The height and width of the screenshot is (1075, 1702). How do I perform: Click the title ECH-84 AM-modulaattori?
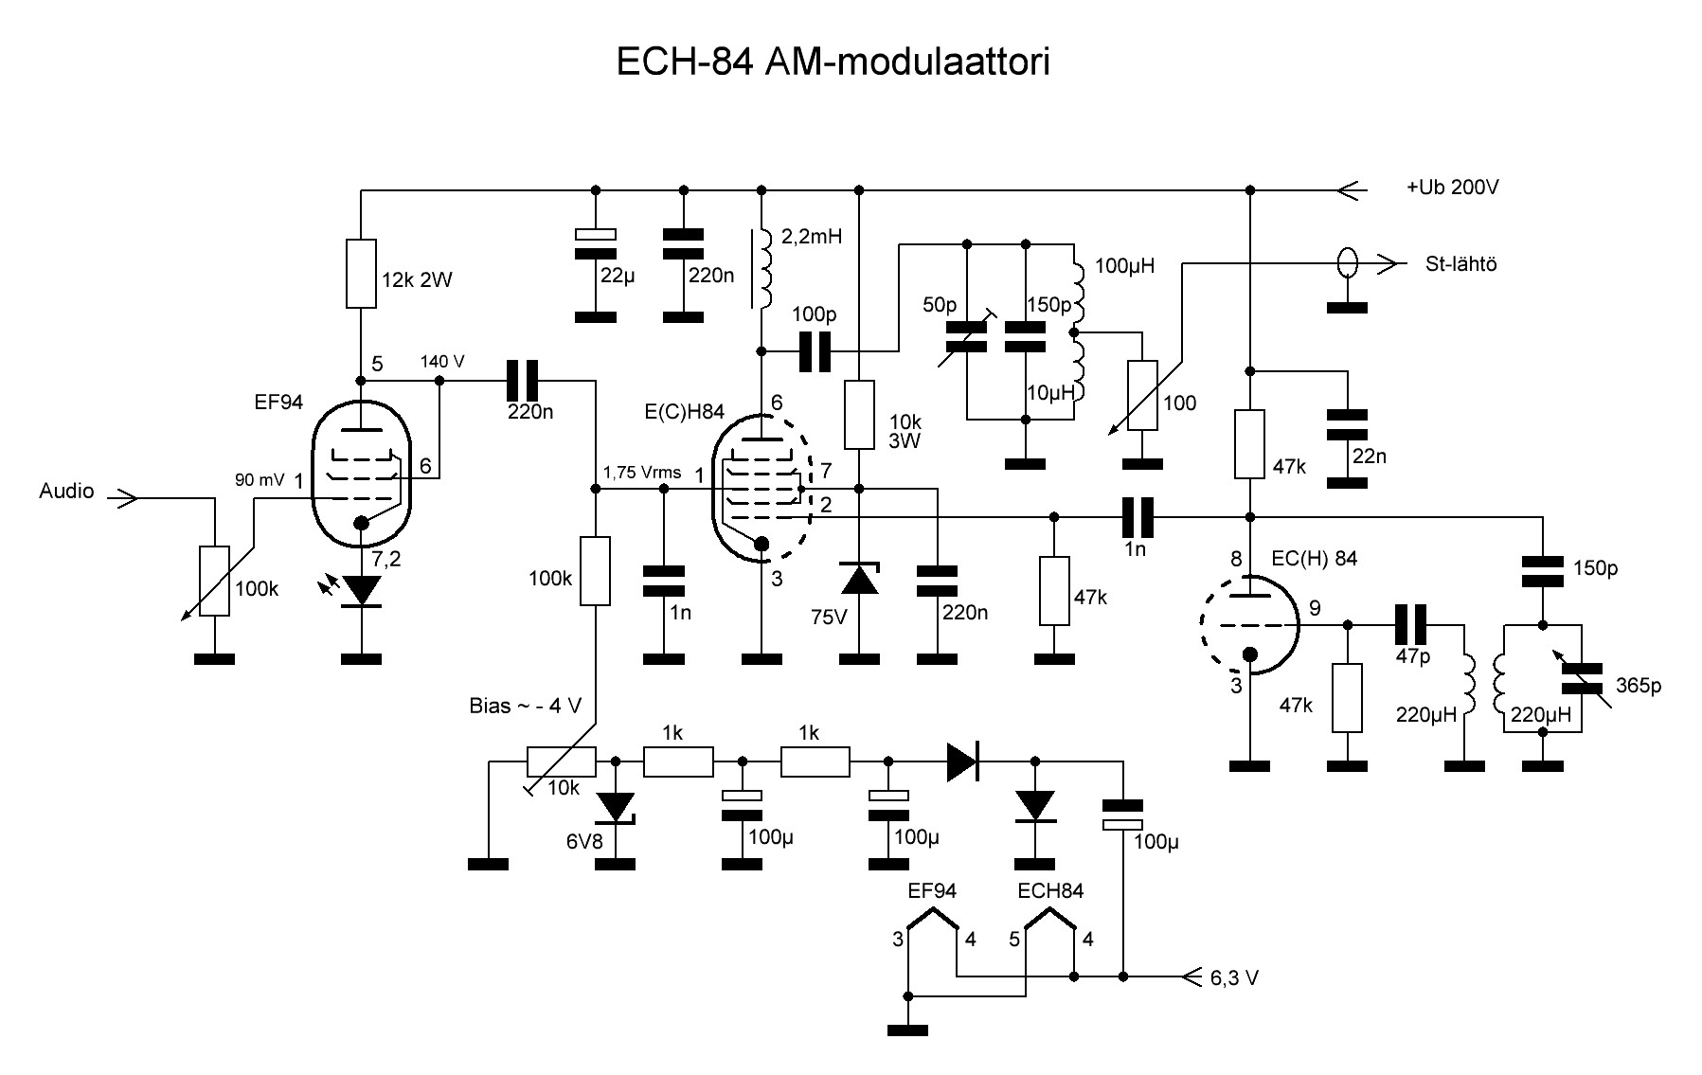833,63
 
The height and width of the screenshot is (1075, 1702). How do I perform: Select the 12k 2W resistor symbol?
361,274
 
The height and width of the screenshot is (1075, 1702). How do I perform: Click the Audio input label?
66,491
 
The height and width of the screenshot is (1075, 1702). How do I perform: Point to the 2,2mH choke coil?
763,268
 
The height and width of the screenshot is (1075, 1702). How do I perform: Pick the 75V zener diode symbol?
860,579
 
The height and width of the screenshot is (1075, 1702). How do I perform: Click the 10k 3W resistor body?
859,415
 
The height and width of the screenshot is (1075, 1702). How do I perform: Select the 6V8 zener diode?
617,807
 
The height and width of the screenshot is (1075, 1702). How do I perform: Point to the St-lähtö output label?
1460,264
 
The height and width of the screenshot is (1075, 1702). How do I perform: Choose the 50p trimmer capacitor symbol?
967,337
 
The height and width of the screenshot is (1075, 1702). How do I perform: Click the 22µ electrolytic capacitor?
596,243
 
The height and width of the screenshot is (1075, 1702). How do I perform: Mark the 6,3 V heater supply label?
1234,978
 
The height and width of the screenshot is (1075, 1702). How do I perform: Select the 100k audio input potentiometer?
215,581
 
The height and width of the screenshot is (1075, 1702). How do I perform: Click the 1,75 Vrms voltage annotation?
641,473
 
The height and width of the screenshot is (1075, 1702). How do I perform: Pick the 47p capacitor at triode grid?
1411,625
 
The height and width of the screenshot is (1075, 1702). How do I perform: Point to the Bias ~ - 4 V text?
525,706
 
